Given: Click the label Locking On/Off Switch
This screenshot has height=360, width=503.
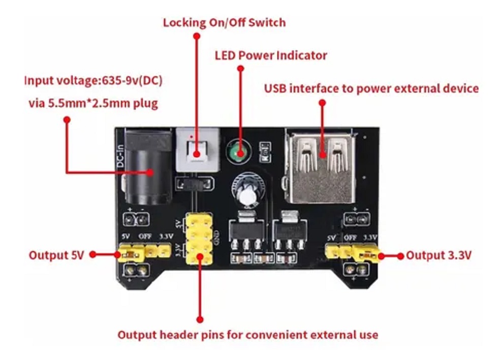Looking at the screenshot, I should pyautogui.click(x=224, y=23).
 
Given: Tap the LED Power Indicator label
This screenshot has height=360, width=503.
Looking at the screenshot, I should pyautogui.click(x=271, y=55).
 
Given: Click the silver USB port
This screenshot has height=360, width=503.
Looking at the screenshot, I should pyautogui.click(x=321, y=166).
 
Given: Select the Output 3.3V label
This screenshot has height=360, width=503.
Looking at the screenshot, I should pyautogui.click(x=438, y=255).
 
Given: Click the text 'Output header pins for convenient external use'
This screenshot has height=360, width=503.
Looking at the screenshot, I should pyautogui.click(x=248, y=335).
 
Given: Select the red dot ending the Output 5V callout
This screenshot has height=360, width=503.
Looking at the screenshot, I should pyautogui.click(x=93, y=255).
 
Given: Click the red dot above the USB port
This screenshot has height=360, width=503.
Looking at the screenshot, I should pyautogui.click(x=321, y=102).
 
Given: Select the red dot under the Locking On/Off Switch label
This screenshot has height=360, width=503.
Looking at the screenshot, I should pyautogui.click(x=197, y=36).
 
